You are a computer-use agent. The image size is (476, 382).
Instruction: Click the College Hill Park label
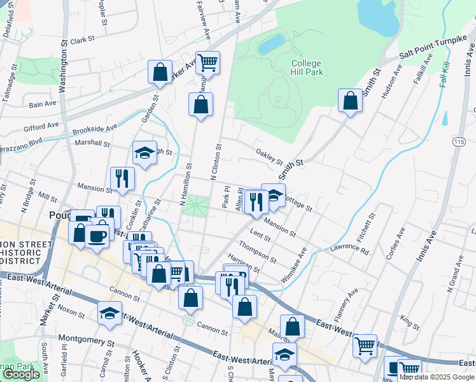307,67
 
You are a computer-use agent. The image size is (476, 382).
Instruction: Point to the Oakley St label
269,155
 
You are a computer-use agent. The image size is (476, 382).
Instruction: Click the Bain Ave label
43,104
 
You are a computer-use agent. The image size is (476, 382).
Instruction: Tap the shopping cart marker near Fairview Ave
207,63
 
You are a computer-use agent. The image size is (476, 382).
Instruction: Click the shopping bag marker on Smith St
350,101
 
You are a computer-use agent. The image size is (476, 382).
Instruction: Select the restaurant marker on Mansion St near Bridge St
122,179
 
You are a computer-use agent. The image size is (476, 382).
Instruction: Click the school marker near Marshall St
145,153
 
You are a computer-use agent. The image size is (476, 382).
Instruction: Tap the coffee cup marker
97,236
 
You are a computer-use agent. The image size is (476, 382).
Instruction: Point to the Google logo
21,374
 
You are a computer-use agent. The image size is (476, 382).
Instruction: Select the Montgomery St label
86,339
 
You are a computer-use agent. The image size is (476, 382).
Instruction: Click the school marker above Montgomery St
109,314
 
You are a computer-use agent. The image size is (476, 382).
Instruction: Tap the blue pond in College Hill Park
271,44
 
